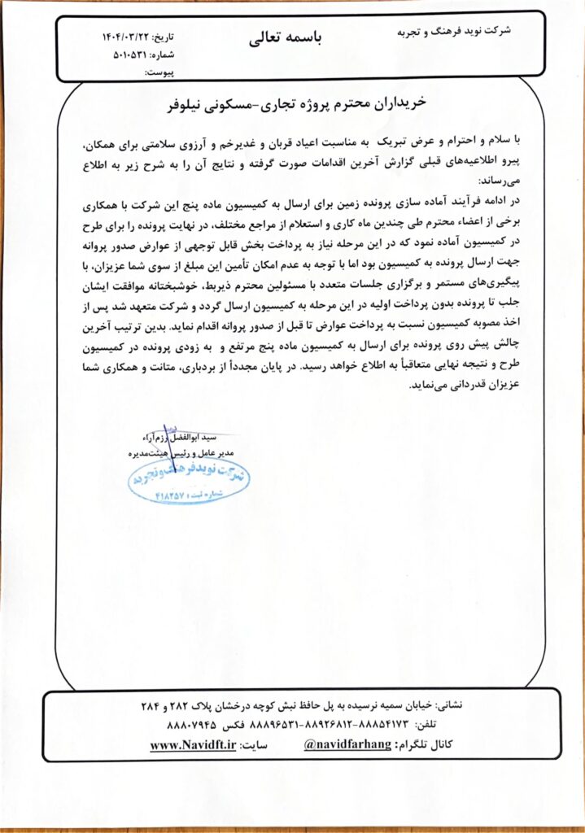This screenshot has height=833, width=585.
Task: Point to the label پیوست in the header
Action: coord(159,72)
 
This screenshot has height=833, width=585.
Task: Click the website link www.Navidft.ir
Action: coord(193,744)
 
